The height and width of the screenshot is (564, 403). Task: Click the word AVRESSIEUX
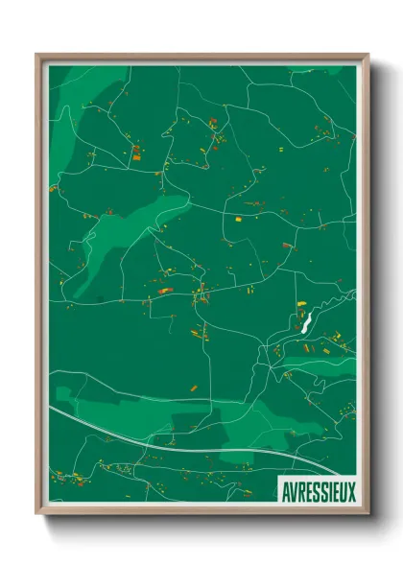coord(318,488)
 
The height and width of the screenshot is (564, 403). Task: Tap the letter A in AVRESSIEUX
coord(285,488)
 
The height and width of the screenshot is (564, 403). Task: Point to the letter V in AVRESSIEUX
coord(293,488)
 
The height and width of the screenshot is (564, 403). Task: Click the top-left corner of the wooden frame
coord(37,55)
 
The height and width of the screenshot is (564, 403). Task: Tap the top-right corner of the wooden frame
coord(367,55)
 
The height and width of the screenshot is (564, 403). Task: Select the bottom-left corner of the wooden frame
coord(37,514)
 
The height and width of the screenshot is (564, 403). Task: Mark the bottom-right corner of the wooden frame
coord(367,514)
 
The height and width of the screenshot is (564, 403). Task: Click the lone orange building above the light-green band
coord(192,388)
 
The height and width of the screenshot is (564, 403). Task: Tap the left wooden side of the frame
coord(40,288)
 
